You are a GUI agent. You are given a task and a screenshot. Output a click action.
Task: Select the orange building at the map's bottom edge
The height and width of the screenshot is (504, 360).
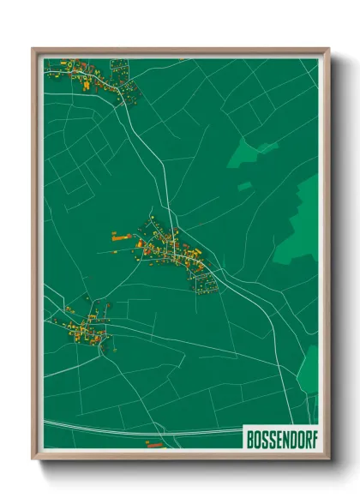coord(154,444)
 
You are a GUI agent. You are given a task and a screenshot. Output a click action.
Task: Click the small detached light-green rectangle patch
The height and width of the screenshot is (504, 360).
coord(244,185)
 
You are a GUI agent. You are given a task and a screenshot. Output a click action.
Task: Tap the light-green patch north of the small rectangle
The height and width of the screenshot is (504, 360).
coord(249,154)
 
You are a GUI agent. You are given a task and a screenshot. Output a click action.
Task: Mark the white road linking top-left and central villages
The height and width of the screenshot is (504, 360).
coord(146,154)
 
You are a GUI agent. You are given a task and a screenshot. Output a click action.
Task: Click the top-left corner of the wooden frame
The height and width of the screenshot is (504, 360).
coord(33,50)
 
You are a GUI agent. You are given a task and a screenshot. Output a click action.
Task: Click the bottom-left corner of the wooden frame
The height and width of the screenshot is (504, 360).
coord(33,459)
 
